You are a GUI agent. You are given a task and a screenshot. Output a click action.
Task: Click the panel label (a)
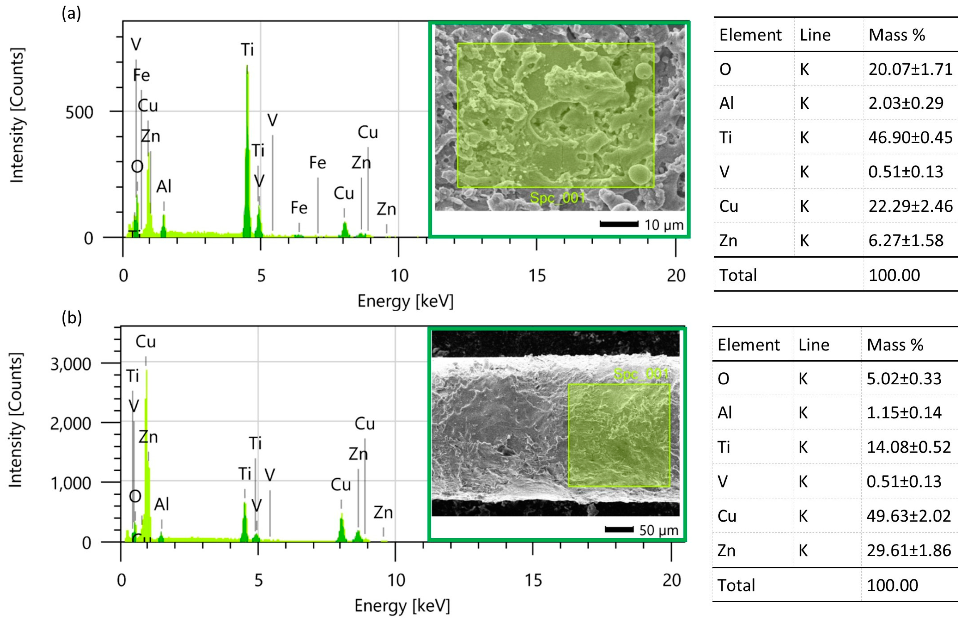pyautogui.click(x=71, y=14)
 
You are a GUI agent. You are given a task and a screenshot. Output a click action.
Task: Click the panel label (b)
pyautogui.click(x=72, y=318)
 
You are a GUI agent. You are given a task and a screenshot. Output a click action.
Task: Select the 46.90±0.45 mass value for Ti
pyautogui.click(x=910, y=138)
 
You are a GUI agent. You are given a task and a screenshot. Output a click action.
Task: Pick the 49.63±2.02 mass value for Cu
pyautogui.click(x=908, y=516)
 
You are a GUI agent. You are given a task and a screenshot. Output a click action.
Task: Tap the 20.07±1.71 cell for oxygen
pyautogui.click(x=910, y=69)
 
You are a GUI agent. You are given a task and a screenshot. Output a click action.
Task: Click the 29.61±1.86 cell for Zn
pyautogui.click(x=908, y=551)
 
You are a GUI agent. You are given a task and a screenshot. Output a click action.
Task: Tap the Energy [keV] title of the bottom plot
pyautogui.click(x=402, y=606)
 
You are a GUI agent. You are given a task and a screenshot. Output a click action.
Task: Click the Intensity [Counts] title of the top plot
pyautogui.click(x=17, y=115)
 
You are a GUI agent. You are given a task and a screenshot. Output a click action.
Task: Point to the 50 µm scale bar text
pyautogui.click(x=658, y=530)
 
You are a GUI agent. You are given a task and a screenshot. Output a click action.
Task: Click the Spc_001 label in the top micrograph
pyautogui.click(x=558, y=198)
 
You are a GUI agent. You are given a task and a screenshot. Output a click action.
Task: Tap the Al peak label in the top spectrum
pyautogui.click(x=164, y=187)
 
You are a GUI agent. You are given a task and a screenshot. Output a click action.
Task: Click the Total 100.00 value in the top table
pyautogui.click(x=894, y=275)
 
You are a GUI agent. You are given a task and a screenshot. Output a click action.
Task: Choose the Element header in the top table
pyautogui.click(x=750, y=35)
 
